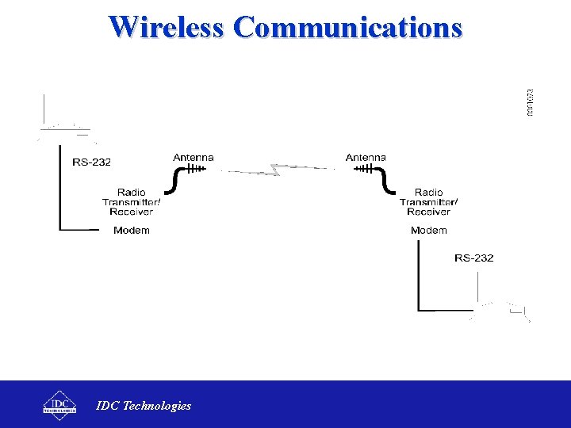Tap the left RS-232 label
[x=92, y=162]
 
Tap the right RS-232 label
[x=473, y=258]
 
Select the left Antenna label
[x=194, y=157]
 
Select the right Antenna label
[x=366, y=157]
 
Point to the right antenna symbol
[x=365, y=168]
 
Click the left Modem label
[x=132, y=231]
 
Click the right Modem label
[x=429, y=231]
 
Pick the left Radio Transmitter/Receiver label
[x=132, y=202]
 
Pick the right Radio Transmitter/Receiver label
[x=429, y=202]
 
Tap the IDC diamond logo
[x=59, y=403]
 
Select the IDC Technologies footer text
[x=144, y=406]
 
